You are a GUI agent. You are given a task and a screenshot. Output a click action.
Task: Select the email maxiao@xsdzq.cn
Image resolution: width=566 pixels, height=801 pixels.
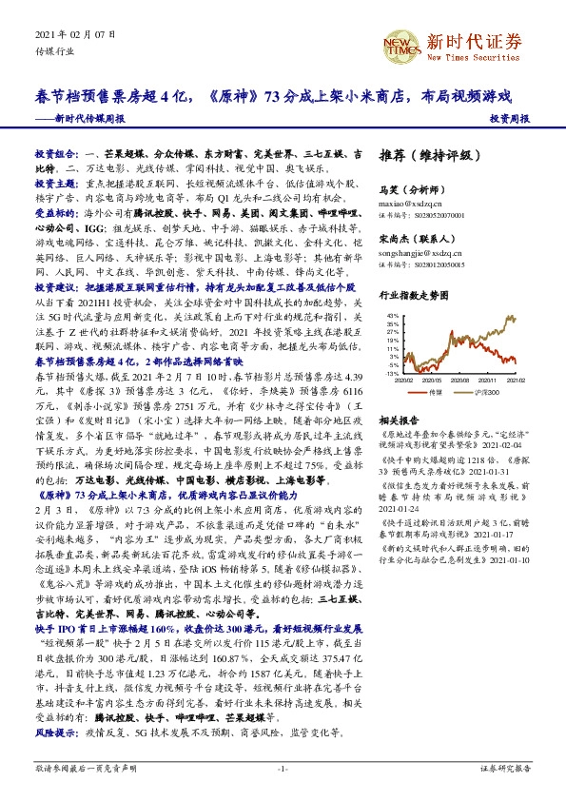408,204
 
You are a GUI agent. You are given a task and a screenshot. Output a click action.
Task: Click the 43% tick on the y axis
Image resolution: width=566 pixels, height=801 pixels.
391,315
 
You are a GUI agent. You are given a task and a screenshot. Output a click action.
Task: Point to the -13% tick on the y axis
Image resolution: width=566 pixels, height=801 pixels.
391,374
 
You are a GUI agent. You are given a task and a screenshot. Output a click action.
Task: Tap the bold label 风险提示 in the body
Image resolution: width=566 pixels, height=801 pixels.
57,731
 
